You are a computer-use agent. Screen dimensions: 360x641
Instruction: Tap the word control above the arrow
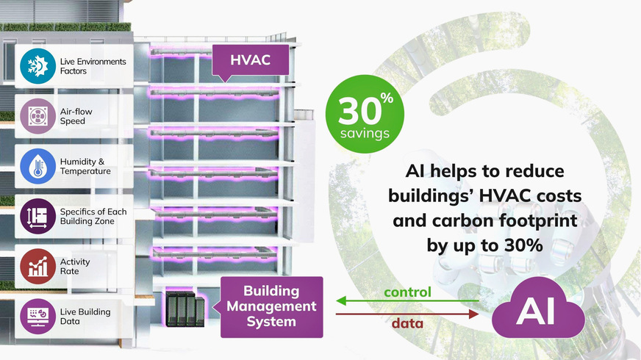407,292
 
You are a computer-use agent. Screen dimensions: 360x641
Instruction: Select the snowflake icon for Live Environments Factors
33,66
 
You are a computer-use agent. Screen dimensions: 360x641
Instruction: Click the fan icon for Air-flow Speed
33,116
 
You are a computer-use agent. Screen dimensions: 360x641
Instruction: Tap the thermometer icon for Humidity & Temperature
33,165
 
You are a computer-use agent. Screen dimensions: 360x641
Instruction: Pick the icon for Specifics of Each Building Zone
33,216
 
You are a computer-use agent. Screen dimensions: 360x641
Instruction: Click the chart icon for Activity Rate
33,266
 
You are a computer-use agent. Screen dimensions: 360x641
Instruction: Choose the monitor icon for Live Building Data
33,316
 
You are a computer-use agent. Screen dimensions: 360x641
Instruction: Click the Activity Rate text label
76,266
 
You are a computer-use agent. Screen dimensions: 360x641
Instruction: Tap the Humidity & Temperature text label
85,166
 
